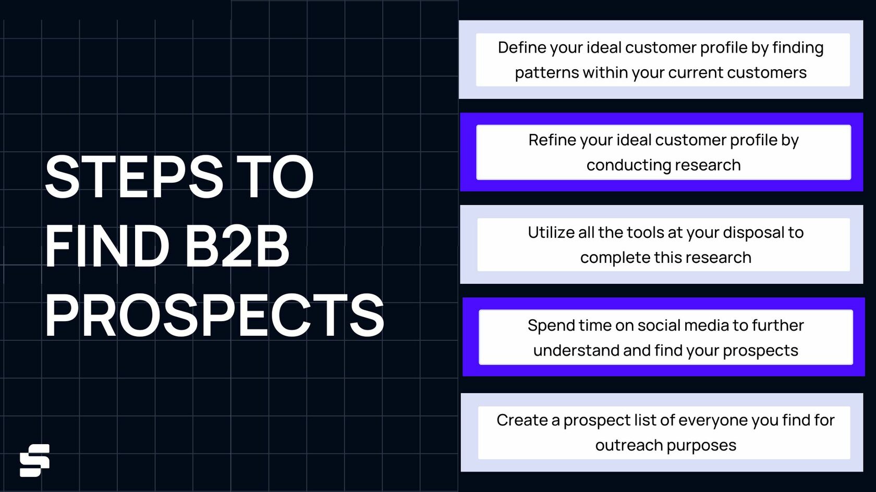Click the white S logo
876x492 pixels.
(x=34, y=460)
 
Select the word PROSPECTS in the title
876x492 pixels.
(x=214, y=316)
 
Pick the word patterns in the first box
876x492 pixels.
(x=546, y=72)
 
